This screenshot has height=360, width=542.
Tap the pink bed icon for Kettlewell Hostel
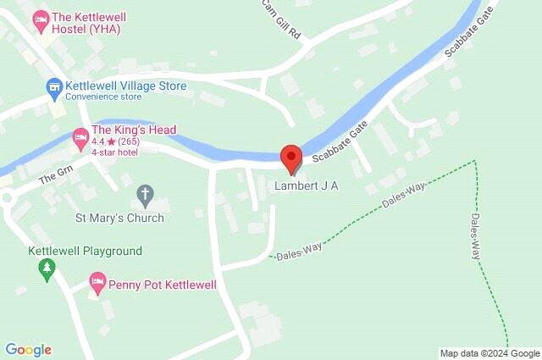[40, 18]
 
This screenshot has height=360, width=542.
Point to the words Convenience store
[109, 97]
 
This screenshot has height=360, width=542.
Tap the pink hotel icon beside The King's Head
[80, 136]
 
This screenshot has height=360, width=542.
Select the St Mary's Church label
[119, 218]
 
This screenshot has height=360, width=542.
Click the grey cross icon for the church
[147, 195]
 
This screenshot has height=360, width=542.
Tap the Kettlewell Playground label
[85, 251]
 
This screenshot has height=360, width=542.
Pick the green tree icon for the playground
[47, 270]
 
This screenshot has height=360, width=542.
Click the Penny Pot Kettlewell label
[162, 285]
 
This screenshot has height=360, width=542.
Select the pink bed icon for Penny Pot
[97, 281]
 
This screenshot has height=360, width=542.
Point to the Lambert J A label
[307, 186]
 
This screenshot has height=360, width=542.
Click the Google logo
[28, 350]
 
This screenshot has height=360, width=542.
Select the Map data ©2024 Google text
[489, 353]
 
